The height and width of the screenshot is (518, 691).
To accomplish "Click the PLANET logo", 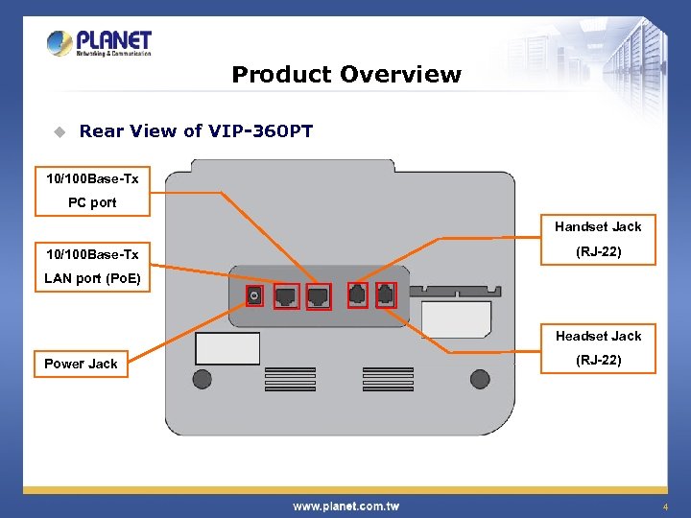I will tap(99, 43).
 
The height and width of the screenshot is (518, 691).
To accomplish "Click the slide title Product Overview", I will tap(345, 75).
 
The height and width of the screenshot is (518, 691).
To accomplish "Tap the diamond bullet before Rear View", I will tap(59, 131).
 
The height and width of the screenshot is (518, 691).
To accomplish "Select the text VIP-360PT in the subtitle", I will tap(262, 131).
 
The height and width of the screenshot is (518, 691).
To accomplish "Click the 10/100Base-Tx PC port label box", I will tap(91, 191).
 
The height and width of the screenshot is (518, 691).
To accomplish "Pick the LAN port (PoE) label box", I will tap(91, 267).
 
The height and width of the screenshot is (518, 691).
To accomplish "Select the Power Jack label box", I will tap(81, 364).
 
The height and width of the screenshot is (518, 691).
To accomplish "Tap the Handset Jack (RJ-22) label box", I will tap(597, 240).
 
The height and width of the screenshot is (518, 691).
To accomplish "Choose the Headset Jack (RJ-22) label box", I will tap(597, 348).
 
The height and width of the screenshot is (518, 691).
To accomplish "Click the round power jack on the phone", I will tap(254, 296).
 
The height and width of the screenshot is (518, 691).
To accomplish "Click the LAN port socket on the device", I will tap(286, 296).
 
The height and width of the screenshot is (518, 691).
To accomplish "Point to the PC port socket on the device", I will tap(318, 296).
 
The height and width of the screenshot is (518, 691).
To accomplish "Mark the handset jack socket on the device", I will tap(356, 296).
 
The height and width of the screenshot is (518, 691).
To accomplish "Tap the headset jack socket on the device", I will tap(384, 296).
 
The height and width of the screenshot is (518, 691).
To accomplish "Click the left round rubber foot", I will tap(203, 379).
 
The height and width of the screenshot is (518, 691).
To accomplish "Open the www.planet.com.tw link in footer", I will tap(345, 506).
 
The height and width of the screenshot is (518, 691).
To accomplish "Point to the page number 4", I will tap(663, 506).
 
